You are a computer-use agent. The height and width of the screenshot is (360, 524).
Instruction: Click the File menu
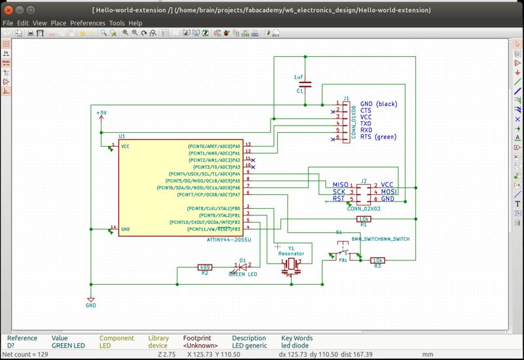tap(8, 23)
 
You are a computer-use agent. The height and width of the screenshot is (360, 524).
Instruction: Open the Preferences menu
tap(87, 23)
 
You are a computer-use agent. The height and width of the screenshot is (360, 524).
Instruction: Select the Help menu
tap(135, 23)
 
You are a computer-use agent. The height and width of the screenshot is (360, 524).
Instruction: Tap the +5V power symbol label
tap(101, 113)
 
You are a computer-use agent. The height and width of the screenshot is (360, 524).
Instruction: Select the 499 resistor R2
tap(205, 267)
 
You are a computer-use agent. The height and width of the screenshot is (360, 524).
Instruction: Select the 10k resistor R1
tap(365, 219)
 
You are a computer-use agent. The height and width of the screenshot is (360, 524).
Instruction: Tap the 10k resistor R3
tap(377, 261)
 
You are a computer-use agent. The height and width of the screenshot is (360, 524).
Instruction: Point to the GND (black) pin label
tap(379, 104)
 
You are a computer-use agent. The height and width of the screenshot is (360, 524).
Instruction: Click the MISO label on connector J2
tap(341, 185)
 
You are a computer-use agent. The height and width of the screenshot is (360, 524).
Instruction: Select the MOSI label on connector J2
tap(388, 192)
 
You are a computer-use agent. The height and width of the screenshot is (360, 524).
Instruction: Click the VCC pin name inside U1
tap(124, 146)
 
